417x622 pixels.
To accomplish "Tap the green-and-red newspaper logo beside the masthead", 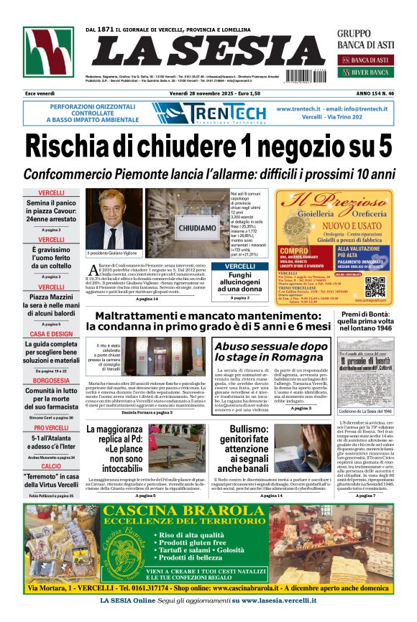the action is (x=48, y=52).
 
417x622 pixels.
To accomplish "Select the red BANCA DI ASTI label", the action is (x=369, y=60).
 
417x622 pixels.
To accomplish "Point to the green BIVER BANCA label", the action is (x=369, y=73).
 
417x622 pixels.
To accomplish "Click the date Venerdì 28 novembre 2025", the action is (x=201, y=93).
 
